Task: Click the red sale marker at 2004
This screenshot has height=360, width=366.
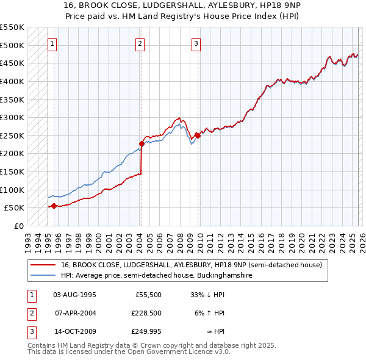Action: pos(142,143)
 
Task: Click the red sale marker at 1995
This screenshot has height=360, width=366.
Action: pos(54,206)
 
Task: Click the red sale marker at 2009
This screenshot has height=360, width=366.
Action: pos(198,136)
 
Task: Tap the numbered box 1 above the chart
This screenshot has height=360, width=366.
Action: pos(53,43)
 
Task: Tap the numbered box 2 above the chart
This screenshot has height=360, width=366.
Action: pos(140,43)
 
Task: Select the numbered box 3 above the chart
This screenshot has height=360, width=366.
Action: pos(196,43)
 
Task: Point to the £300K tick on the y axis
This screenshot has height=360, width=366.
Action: pos(12,117)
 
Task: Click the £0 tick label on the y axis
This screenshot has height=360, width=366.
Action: pos(18,226)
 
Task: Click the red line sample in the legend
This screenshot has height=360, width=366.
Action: pos(43,265)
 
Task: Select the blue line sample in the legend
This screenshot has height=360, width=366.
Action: pos(43,276)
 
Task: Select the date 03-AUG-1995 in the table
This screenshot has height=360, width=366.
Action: pos(74,295)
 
